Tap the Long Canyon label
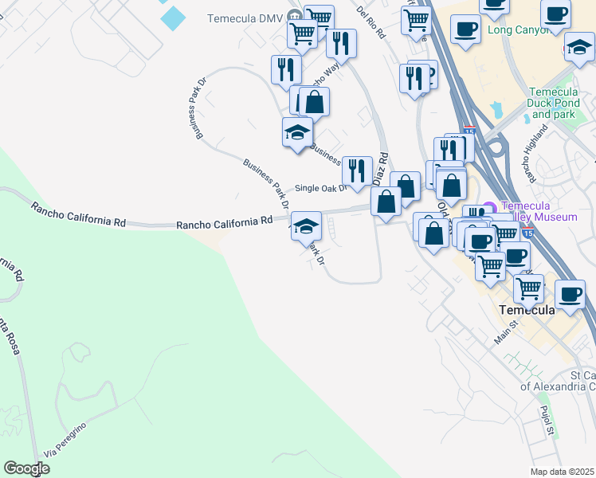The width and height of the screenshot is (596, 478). (x=519, y=30)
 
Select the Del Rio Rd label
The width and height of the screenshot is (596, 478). (x=371, y=23)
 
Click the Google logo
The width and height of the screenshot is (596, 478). (x=26, y=468)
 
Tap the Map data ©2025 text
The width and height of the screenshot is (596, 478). (x=563, y=472)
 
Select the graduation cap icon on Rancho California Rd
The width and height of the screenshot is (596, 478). (x=306, y=226)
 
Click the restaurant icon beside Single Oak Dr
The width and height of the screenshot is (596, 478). (x=357, y=170)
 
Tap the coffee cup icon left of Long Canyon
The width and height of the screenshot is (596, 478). (x=465, y=29)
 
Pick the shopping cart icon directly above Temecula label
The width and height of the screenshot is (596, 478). (x=528, y=288)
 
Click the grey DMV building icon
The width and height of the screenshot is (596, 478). (x=296, y=17)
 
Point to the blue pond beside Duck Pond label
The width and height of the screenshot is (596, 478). (x=498, y=109)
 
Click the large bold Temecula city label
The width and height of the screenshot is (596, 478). (x=527, y=310)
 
